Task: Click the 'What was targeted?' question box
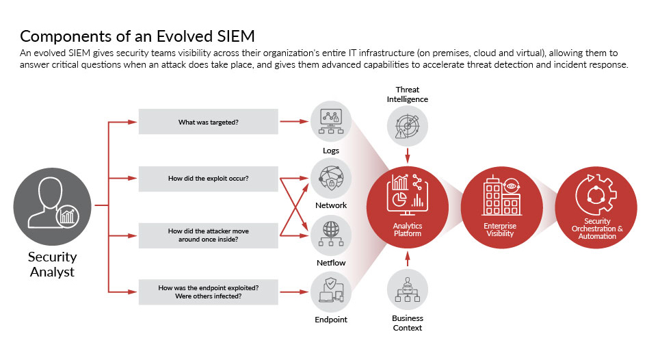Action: point(209,121)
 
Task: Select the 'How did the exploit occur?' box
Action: point(209,179)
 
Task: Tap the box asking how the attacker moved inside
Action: point(209,235)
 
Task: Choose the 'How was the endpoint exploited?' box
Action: point(209,292)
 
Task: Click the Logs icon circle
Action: point(331,121)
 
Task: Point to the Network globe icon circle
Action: point(331,179)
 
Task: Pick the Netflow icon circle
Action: point(331,235)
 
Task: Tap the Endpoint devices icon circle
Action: point(331,292)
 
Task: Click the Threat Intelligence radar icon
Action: point(407,126)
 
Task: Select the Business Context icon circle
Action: point(407,290)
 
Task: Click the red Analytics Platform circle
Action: point(407,207)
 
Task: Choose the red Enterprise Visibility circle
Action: point(502,207)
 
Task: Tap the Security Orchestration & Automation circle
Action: point(596,207)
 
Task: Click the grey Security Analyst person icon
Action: point(53,207)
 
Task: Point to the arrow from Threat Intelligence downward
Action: point(408,155)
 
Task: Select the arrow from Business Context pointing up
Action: point(408,259)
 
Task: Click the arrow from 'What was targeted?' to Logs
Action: point(294,121)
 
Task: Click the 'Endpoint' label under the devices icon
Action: point(331,320)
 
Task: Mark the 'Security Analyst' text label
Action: point(53,264)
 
